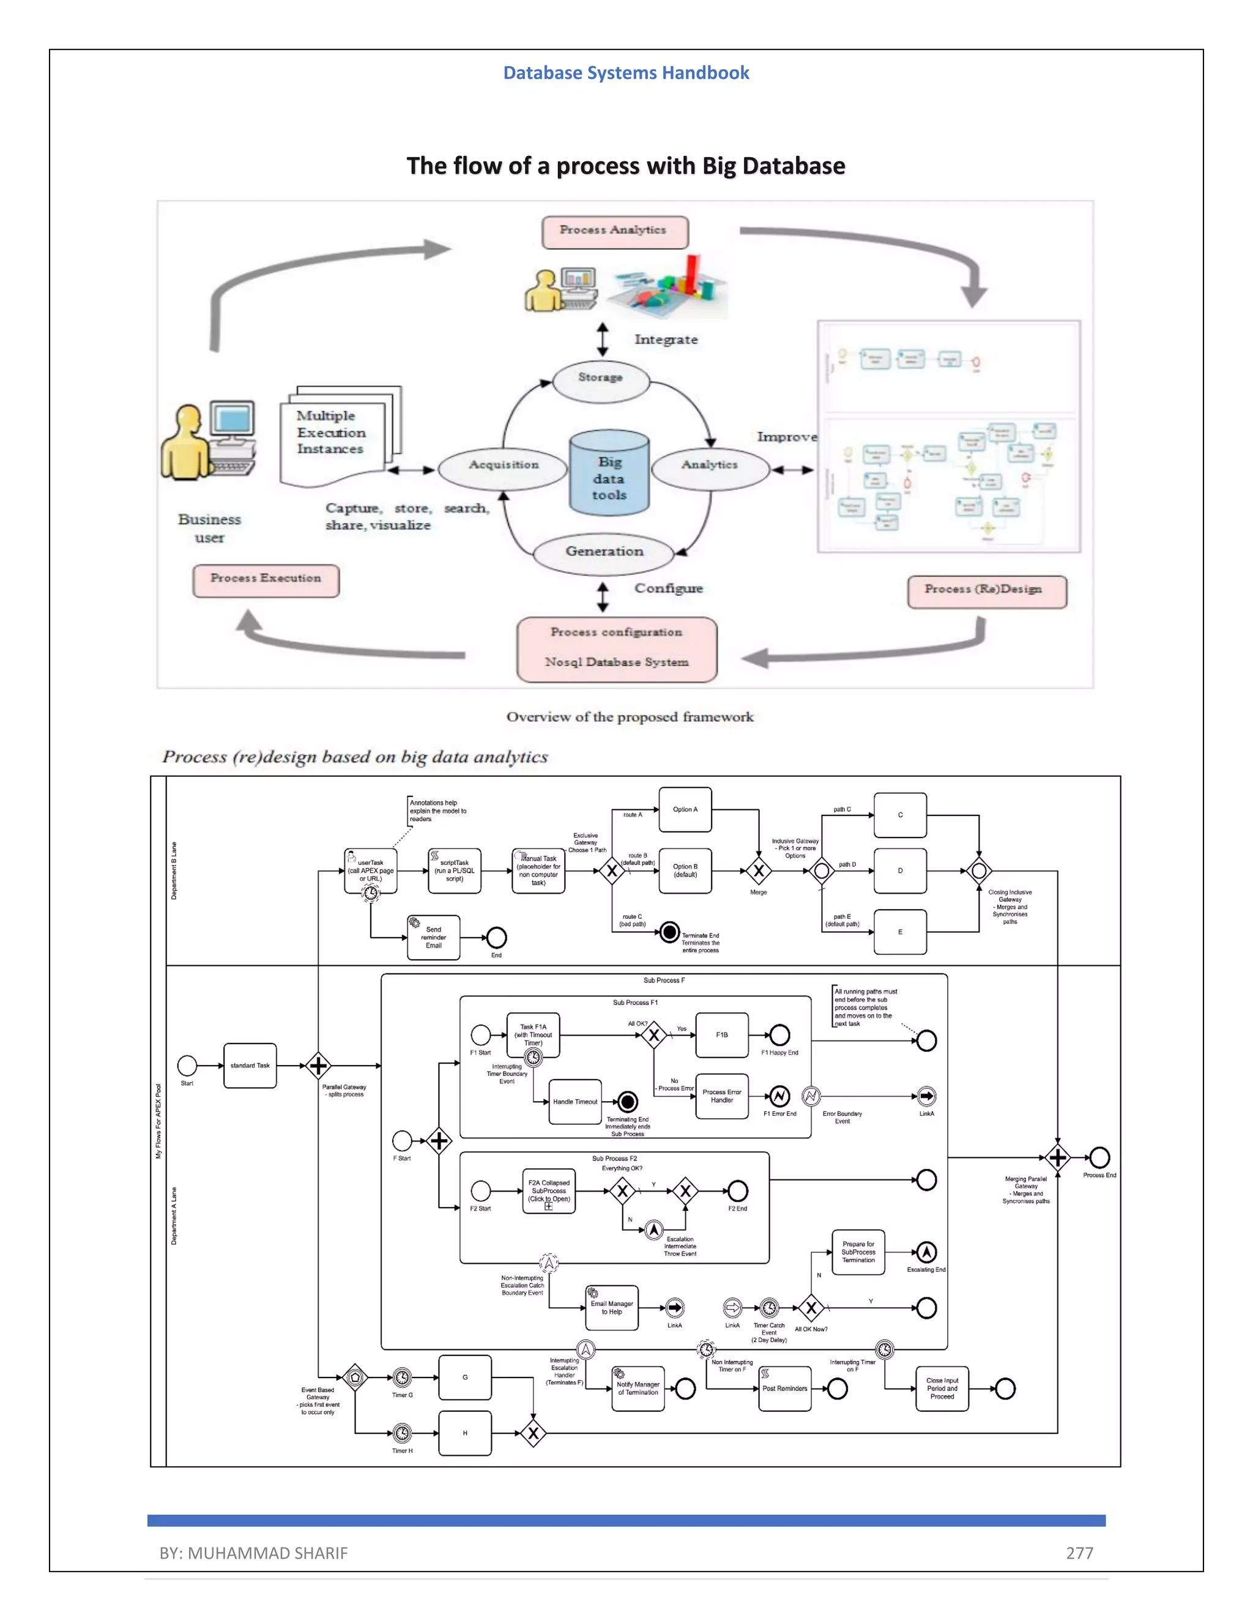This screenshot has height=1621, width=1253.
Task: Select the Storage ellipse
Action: (601, 380)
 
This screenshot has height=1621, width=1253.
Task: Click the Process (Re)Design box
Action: (986, 592)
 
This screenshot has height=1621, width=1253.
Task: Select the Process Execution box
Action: (266, 580)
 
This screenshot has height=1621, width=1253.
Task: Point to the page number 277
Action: (1079, 1552)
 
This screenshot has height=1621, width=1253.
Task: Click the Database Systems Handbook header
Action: (626, 73)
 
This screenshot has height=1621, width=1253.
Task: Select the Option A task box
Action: (685, 810)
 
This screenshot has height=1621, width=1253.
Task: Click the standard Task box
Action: (250, 1065)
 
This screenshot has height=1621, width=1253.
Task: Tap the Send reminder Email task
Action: (434, 937)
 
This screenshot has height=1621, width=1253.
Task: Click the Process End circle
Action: (1099, 1157)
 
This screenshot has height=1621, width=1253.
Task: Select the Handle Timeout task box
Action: (575, 1102)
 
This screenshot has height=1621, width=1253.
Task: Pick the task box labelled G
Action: (465, 1377)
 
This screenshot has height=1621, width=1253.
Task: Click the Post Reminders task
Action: (784, 1388)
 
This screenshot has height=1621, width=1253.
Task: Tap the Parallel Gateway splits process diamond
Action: (318, 1065)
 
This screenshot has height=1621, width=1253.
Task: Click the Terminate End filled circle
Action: (669, 932)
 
